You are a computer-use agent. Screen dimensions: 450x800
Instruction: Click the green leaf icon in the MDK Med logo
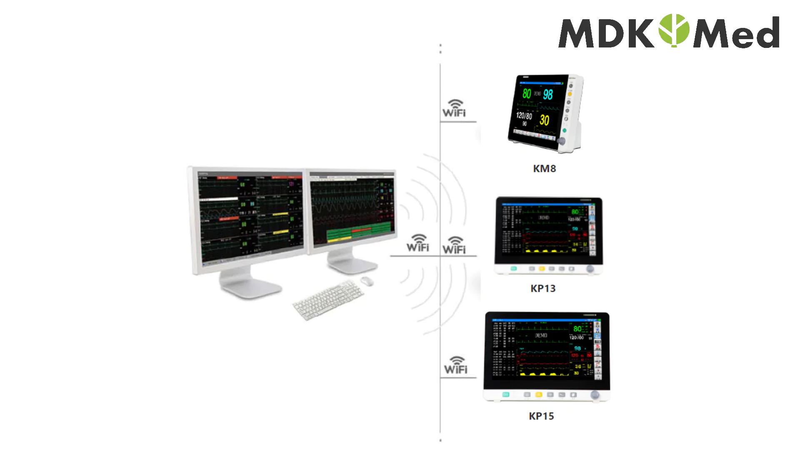click(674, 30)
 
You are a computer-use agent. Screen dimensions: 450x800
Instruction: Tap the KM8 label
click(544, 169)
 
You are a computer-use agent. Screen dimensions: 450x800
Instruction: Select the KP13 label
click(543, 288)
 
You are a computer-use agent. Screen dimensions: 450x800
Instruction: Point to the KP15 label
click(541, 416)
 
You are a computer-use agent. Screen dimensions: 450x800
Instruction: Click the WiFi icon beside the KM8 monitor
click(454, 108)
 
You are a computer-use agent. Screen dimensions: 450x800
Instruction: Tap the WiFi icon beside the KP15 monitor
click(456, 365)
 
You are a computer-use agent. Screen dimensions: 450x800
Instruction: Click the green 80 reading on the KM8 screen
click(527, 94)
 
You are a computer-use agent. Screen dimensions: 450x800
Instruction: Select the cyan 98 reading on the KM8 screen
click(548, 95)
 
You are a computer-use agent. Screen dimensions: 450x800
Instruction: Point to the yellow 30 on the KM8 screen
click(544, 120)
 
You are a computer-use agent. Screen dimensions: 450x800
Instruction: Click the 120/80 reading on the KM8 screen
click(524, 115)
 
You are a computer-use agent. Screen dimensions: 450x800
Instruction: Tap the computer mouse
click(367, 281)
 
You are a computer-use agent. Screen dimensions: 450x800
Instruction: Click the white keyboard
click(328, 299)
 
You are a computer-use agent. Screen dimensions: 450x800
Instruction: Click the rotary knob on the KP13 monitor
click(590, 269)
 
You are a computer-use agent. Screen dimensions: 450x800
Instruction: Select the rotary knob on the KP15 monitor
click(595, 395)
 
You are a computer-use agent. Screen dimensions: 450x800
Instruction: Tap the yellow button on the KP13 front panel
click(542, 269)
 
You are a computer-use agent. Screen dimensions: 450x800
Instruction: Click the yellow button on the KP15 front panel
click(538, 395)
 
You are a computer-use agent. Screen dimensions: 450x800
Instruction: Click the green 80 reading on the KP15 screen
click(577, 329)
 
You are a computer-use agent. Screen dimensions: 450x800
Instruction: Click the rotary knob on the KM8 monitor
click(561, 141)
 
